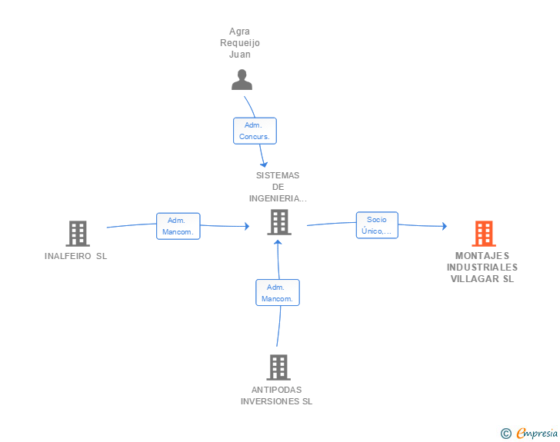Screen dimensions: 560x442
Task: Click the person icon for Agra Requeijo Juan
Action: tap(242, 80)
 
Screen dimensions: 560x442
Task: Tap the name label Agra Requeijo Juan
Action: tap(240, 43)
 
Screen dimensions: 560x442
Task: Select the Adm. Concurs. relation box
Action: tap(255, 131)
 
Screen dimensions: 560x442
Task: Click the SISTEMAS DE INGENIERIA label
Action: tap(278, 187)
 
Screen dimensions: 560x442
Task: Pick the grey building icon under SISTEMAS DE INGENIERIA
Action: tap(279, 222)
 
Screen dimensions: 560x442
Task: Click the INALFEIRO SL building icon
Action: tap(78, 234)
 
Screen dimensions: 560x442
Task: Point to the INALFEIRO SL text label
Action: tap(75, 256)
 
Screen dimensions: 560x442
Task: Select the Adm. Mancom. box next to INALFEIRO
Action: tap(178, 226)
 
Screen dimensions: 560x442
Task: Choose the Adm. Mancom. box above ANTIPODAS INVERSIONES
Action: tap(278, 292)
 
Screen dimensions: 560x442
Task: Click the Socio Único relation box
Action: tap(377, 225)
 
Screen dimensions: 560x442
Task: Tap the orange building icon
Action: tap(484, 234)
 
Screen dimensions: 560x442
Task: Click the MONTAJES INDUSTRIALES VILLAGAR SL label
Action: tap(482, 267)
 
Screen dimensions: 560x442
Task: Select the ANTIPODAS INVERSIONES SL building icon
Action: tap(278, 367)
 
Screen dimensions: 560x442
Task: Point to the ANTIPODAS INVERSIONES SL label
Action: tap(276, 395)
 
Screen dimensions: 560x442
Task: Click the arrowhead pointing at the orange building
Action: tap(445, 226)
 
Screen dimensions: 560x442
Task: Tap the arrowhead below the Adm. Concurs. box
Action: tap(264, 165)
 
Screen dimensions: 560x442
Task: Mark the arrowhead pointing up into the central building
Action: tap(278, 242)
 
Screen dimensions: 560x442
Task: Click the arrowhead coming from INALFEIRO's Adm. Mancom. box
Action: tap(247, 226)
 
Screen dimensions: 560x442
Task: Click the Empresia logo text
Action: tap(537, 433)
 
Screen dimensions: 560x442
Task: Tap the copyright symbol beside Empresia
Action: tap(505, 434)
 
